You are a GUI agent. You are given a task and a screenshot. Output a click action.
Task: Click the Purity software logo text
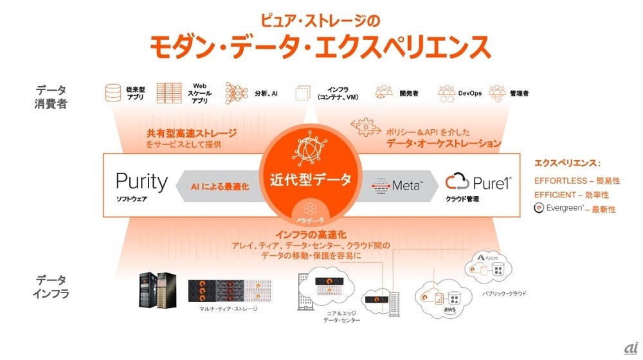(141, 182)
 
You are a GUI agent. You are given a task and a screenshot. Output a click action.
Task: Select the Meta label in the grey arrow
(398, 185)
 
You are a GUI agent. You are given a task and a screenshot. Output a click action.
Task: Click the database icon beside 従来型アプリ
(113, 94)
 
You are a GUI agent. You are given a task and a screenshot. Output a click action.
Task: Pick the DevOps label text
(470, 94)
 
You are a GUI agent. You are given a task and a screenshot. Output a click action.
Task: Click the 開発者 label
(408, 94)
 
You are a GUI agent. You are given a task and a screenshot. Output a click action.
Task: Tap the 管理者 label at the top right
(519, 94)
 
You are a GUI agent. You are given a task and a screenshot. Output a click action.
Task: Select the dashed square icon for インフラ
(302, 94)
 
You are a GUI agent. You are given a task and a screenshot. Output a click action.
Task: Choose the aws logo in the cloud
(449, 311)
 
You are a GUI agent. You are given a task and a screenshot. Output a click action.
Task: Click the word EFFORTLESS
(559, 181)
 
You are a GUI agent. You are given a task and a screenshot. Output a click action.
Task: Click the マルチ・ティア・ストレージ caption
(228, 309)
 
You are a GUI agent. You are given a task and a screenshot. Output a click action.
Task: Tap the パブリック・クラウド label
(504, 293)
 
